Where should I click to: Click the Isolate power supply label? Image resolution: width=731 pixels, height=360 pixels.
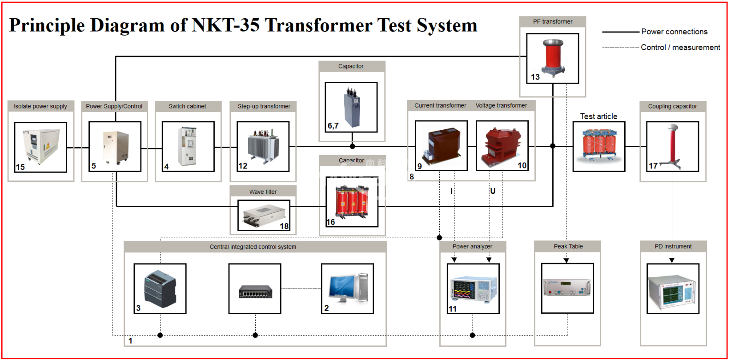40,106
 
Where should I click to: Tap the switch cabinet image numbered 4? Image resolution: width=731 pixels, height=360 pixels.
188,146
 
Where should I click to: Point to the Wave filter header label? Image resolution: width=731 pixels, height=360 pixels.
263,192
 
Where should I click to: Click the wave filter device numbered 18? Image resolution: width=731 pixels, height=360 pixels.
263,215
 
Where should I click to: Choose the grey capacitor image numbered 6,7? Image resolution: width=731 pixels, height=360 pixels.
351,107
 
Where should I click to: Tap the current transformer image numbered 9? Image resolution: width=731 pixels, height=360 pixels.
441,145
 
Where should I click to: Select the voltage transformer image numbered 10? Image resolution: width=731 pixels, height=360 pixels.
502,145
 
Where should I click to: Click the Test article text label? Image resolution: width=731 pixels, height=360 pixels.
598,116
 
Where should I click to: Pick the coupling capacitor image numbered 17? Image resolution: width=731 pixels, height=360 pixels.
672,146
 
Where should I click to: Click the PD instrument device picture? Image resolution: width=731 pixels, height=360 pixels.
672,288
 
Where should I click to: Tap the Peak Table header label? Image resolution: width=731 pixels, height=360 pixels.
568,246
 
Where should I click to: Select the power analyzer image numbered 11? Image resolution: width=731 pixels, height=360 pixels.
473,288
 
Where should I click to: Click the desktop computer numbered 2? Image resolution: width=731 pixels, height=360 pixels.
347,288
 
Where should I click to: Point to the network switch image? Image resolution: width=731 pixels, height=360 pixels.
255,291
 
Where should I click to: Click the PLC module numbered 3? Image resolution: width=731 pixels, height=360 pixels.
160,288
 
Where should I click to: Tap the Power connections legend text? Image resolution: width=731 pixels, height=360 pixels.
674,32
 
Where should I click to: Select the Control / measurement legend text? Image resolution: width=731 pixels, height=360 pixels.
680,47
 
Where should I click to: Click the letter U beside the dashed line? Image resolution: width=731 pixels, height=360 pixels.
493,191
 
